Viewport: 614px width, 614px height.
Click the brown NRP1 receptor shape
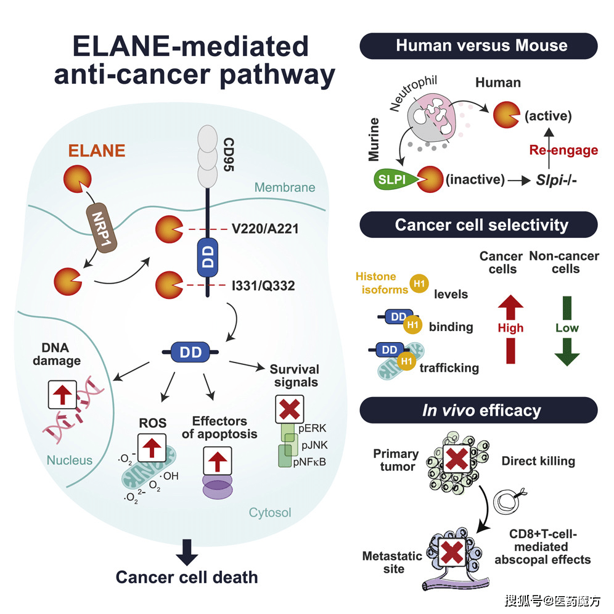pyautogui.click(x=102, y=227)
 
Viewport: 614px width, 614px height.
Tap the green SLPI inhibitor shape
pyautogui.click(x=395, y=179)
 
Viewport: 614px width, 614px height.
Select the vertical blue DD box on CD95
pyautogui.click(x=208, y=257)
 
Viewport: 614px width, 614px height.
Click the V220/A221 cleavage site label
pyautogui.click(x=265, y=229)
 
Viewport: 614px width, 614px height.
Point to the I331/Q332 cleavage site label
pyautogui.click(x=263, y=285)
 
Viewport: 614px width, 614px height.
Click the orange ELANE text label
pyautogui.click(x=97, y=150)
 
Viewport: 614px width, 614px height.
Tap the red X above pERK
pyautogui.click(x=289, y=409)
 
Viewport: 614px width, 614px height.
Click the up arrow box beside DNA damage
pyautogui.click(x=62, y=395)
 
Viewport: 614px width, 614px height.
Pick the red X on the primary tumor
pyautogui.click(x=457, y=459)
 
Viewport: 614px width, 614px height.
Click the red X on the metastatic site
pyautogui.click(x=452, y=552)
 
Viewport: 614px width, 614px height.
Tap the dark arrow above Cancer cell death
pyautogui.click(x=187, y=552)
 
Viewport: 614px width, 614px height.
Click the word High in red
pyautogui.click(x=510, y=328)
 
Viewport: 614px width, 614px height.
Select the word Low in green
pyautogui.click(x=567, y=328)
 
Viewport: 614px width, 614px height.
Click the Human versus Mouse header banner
pyautogui.click(x=478, y=46)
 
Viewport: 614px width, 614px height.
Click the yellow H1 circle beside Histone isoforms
pyautogui.click(x=419, y=284)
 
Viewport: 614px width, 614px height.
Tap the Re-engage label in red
pyautogui.click(x=563, y=150)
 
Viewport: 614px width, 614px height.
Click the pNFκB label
pyautogui.click(x=309, y=462)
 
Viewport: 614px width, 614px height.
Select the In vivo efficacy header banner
pyautogui.click(x=478, y=410)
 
